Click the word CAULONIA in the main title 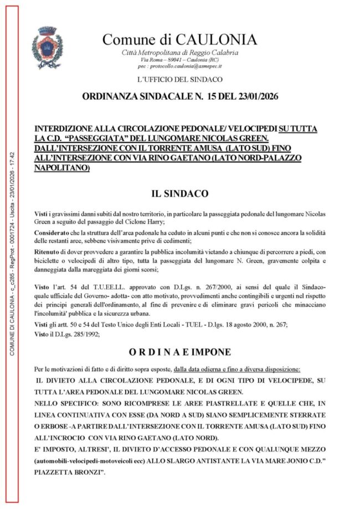[216, 39]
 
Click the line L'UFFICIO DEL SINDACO [179, 80]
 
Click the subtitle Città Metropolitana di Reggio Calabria [180, 52]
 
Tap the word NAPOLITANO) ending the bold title [61, 167]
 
